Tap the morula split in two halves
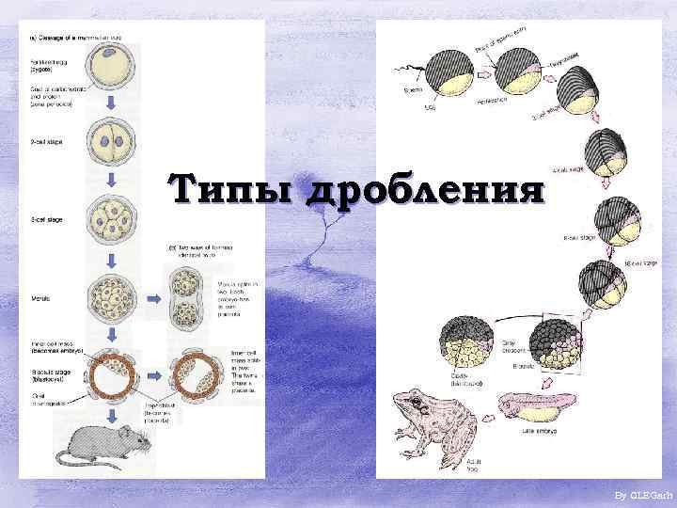pos(186,296)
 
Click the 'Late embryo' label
pos(540,431)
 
